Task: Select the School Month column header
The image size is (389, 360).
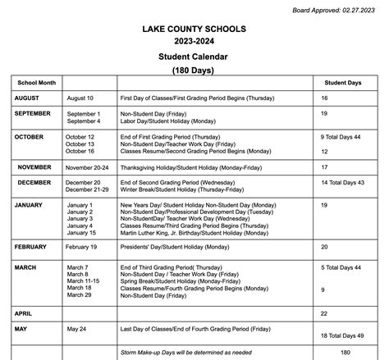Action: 34,83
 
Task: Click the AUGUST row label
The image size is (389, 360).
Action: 27,98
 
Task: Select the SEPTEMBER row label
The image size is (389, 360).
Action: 33,113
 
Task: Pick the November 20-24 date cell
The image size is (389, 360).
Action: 87,166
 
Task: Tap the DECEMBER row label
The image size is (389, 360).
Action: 34,182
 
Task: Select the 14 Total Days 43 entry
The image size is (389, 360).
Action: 341,182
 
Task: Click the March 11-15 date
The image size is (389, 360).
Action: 84,281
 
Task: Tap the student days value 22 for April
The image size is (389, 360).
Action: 324,313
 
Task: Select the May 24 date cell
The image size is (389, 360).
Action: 77,328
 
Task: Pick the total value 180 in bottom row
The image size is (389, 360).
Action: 345,353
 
